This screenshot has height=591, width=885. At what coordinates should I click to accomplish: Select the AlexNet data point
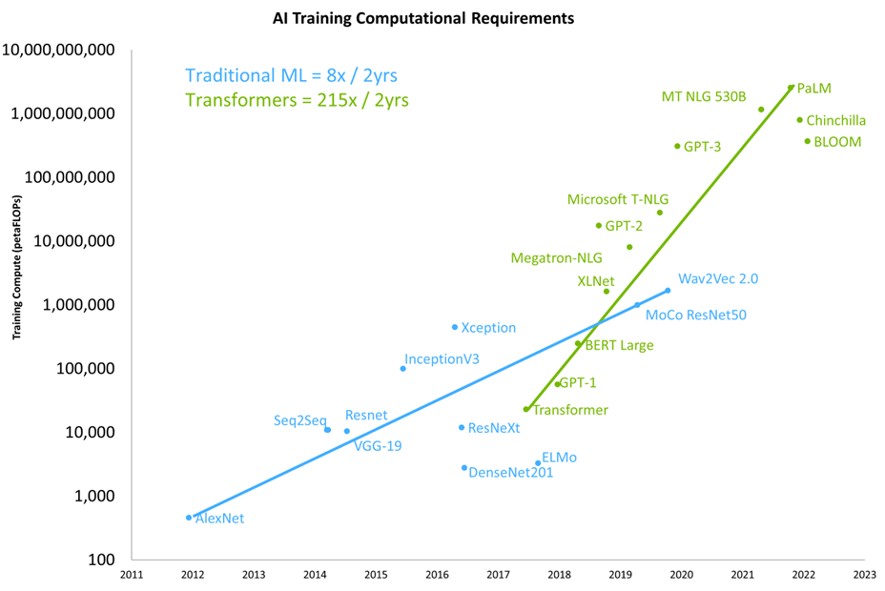189,518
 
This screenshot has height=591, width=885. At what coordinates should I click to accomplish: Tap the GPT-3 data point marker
677,146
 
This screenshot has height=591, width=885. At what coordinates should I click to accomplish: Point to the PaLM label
813,89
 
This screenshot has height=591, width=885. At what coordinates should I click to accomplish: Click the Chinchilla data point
800,120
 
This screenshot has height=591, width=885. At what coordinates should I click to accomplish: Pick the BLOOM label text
838,142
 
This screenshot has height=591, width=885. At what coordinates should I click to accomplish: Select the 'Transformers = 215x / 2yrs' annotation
297,100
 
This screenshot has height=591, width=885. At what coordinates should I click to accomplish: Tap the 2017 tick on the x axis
498,575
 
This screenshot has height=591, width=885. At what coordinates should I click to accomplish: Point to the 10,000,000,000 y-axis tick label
60,50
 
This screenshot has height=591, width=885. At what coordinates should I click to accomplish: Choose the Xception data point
454,327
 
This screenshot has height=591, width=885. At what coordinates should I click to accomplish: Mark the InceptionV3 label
442,359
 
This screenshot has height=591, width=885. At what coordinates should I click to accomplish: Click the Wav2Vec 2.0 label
718,279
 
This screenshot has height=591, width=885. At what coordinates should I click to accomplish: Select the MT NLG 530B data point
761,110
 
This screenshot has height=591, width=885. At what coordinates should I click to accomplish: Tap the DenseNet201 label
511,472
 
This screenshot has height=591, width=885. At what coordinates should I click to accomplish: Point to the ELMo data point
538,463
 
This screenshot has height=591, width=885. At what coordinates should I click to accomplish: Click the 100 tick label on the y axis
100,560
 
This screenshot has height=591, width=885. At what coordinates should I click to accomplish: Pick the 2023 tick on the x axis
864,575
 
